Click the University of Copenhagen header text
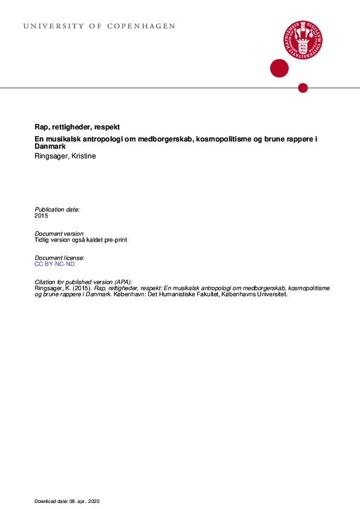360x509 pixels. point(100,27)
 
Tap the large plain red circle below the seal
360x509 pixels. point(279,68)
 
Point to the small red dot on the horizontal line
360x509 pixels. point(303,88)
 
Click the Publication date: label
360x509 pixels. point(57,209)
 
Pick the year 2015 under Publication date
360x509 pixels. point(41,215)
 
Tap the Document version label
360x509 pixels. point(59,233)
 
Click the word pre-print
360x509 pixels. point(115,239)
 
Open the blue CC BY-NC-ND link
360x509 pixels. point(55,264)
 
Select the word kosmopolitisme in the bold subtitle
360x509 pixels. point(221,140)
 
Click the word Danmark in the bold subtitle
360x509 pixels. point(50,147)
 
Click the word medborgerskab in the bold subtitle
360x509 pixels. point(158,140)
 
